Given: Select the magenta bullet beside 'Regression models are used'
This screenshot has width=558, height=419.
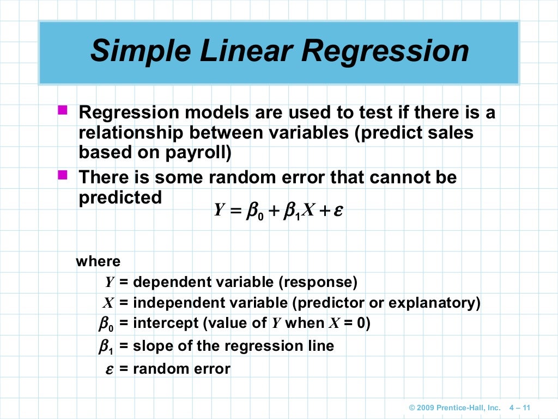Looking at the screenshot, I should tap(63, 111).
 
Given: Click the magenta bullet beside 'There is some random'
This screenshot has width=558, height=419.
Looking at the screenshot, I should tap(63, 175).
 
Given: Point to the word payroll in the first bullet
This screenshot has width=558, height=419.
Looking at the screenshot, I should tap(198, 153).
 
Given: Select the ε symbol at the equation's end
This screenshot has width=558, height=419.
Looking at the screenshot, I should tap(338, 211).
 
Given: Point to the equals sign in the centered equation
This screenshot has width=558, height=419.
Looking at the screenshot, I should tap(235, 211).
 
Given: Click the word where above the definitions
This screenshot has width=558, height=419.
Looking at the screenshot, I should tap(98, 261).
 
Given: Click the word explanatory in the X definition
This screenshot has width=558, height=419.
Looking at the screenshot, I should tap(434, 303).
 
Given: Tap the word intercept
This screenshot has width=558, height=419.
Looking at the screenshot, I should tap(166, 324).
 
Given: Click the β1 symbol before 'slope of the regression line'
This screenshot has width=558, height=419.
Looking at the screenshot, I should tap(106, 346).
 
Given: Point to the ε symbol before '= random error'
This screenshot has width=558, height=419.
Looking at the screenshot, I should tap(109, 369).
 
